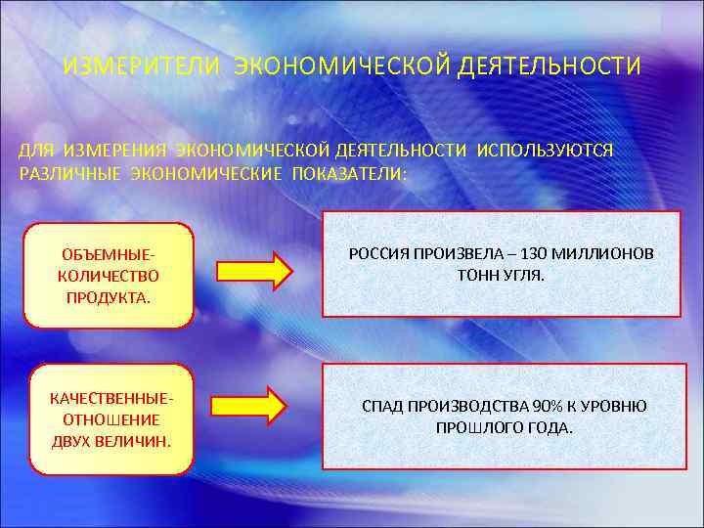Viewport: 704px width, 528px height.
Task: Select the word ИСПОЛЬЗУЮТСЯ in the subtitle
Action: coord(546,151)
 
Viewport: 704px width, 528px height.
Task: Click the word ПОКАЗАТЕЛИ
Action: coord(347,173)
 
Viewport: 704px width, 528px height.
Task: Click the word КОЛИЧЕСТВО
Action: coord(109,277)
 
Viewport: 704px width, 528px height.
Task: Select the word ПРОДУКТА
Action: coord(109,297)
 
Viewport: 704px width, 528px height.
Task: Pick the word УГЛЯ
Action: coord(524,276)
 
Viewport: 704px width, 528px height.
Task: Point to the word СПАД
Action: coord(382,406)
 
